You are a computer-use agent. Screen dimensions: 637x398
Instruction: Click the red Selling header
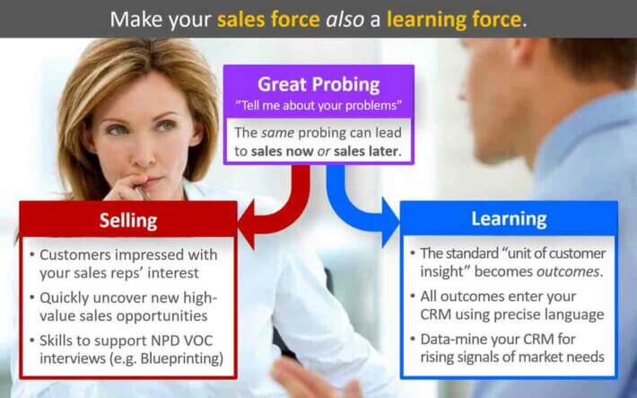pyautogui.click(x=128, y=220)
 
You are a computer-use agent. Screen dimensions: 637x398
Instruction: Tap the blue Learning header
pyautogui.click(x=509, y=218)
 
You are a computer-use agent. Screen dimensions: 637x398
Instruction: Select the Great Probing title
pyautogui.click(x=318, y=84)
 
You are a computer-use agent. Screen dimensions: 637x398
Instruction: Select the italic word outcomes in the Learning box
pyautogui.click(x=568, y=271)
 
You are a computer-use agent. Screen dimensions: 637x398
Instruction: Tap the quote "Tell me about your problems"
pyautogui.click(x=318, y=106)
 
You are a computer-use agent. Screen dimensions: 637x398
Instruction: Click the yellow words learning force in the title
pyautogui.click(x=454, y=19)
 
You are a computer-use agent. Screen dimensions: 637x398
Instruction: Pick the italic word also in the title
pyautogui.click(x=345, y=20)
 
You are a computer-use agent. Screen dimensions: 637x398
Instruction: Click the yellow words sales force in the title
pyautogui.click(x=268, y=20)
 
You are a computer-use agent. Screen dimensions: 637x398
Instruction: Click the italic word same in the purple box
pyautogui.click(x=278, y=133)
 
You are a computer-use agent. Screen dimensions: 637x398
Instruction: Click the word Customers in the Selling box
pyautogui.click(x=75, y=255)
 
